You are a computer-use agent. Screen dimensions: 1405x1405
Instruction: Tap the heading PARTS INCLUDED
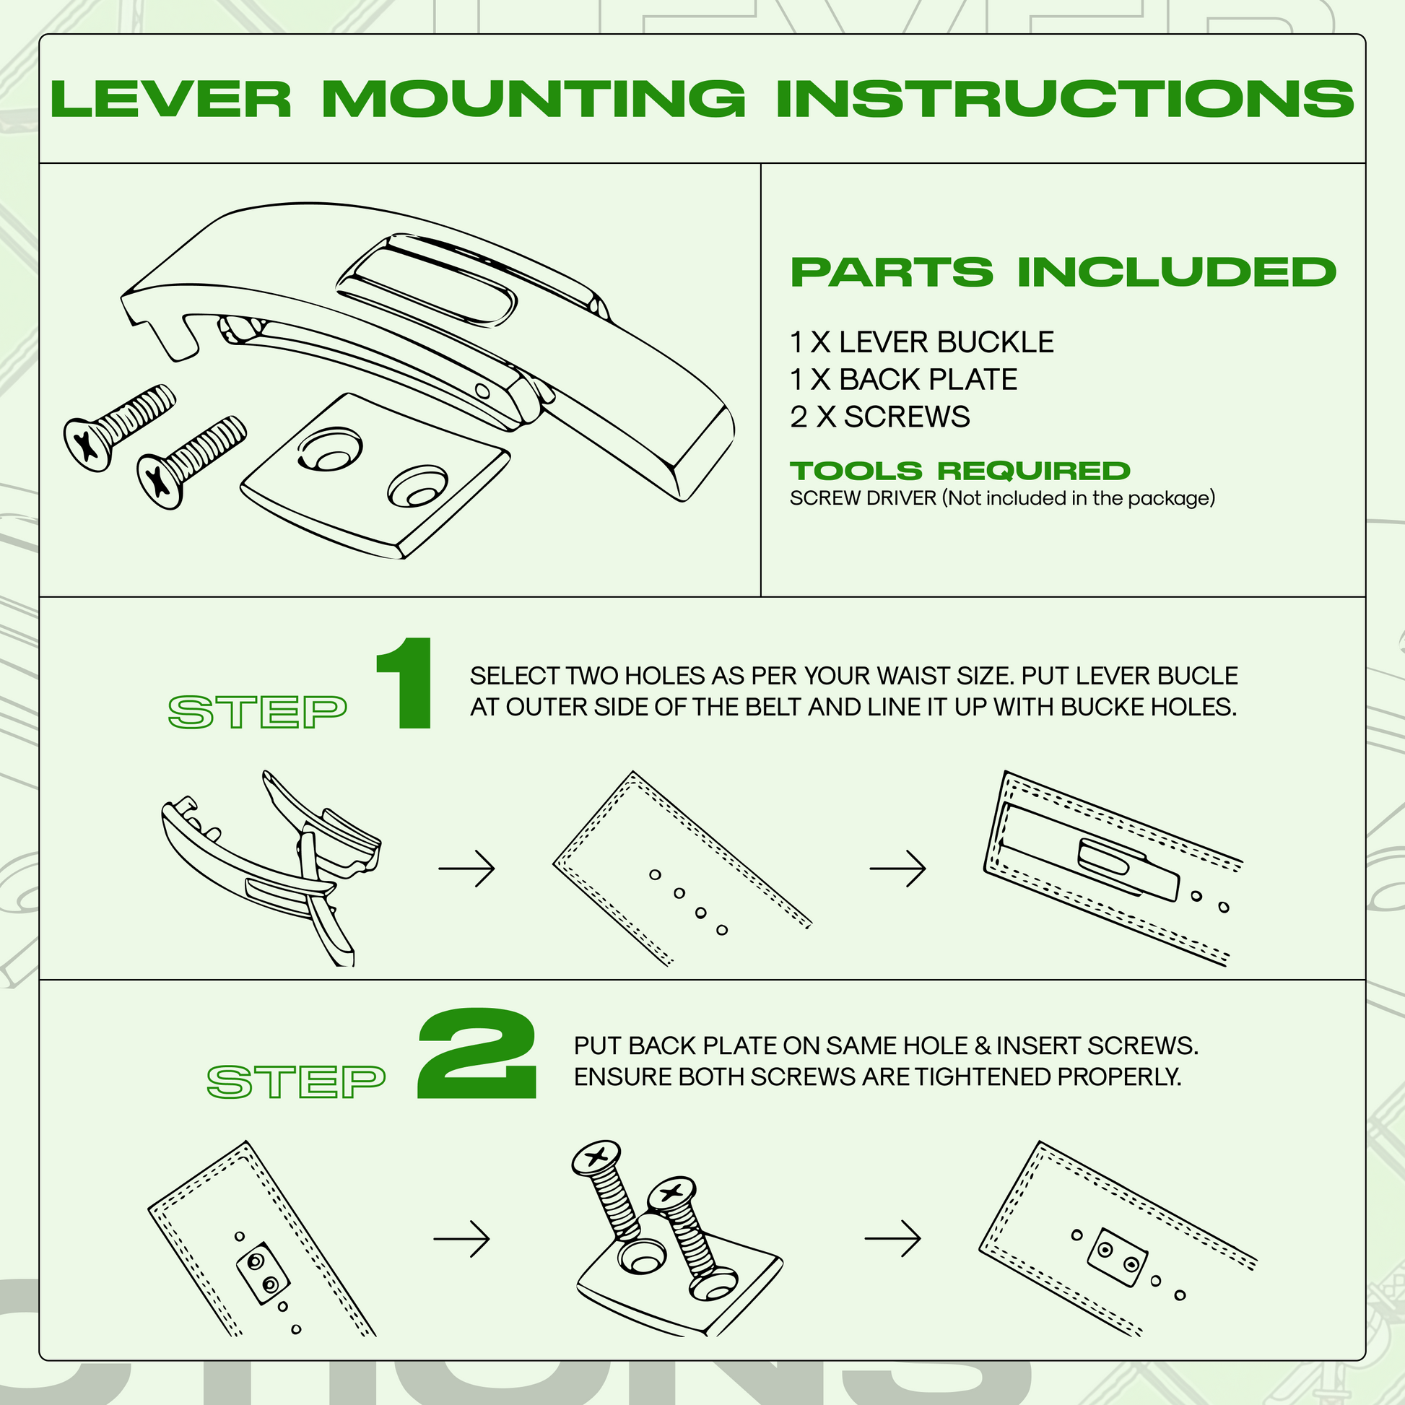pyautogui.click(x=1063, y=273)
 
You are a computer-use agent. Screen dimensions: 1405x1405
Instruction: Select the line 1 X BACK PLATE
pyautogui.click(x=903, y=380)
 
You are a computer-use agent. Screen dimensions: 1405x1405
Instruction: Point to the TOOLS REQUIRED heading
pyautogui.click(x=960, y=471)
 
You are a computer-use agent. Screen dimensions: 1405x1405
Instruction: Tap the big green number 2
pyautogui.click(x=477, y=1054)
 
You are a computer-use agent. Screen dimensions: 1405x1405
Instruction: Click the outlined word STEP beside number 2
pyautogui.click(x=296, y=1082)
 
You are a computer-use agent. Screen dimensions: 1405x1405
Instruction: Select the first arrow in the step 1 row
pyautogui.click(x=467, y=869)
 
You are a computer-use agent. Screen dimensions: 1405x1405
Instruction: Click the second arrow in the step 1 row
pyautogui.click(x=897, y=869)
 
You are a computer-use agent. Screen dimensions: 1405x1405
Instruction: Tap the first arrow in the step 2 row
pyautogui.click(x=462, y=1238)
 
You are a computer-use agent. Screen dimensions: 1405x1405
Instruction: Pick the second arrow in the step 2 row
pyautogui.click(x=892, y=1238)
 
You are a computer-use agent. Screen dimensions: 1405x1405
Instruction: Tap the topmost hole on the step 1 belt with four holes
pyautogui.click(x=656, y=875)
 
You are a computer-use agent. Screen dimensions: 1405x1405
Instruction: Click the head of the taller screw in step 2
pyautogui.click(x=596, y=1157)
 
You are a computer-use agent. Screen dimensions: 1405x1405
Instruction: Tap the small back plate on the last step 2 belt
pyautogui.click(x=1118, y=1257)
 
